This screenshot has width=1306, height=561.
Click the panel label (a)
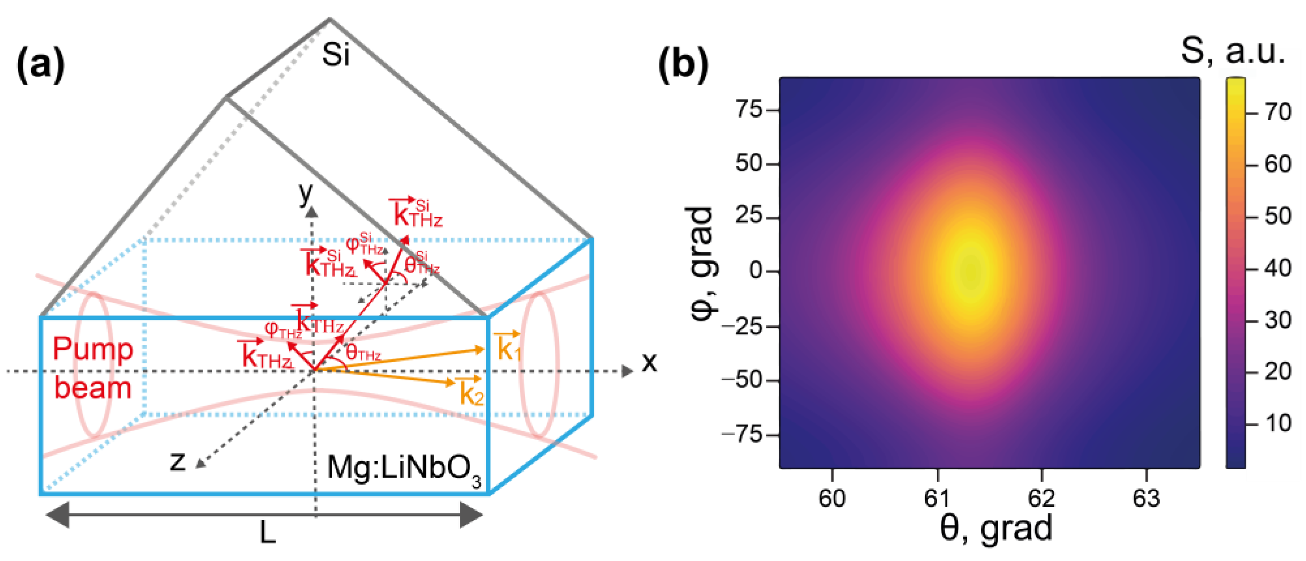40,66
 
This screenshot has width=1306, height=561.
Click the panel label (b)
683,66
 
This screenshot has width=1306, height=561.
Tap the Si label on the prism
336,54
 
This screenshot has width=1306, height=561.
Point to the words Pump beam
93,369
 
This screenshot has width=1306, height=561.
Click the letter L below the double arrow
268,533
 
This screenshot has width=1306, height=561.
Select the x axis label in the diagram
649,362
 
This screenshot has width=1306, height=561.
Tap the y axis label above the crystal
306,192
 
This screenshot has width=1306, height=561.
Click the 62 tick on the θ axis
1041,498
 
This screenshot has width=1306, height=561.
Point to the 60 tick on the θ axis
832,498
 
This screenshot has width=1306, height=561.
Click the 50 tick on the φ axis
749,163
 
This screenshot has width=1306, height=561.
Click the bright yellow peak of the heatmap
970,271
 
